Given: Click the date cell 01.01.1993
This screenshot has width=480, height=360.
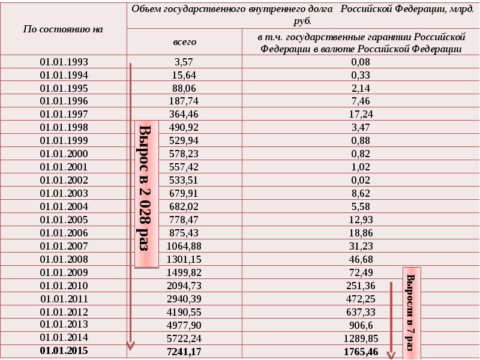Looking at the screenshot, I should coord(64,62).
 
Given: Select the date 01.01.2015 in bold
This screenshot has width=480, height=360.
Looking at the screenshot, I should coord(64,350).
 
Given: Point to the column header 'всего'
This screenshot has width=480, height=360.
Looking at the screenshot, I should coord(185,42).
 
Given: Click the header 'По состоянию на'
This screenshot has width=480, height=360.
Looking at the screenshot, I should coord(63,29).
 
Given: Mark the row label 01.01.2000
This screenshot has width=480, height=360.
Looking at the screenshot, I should coord(64,154).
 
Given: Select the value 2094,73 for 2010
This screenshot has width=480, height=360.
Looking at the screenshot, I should coord(184,286).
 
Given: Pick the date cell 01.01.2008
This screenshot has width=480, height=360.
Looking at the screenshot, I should coord(64,259).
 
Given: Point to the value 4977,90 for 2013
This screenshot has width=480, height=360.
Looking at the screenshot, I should coord(184,325).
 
